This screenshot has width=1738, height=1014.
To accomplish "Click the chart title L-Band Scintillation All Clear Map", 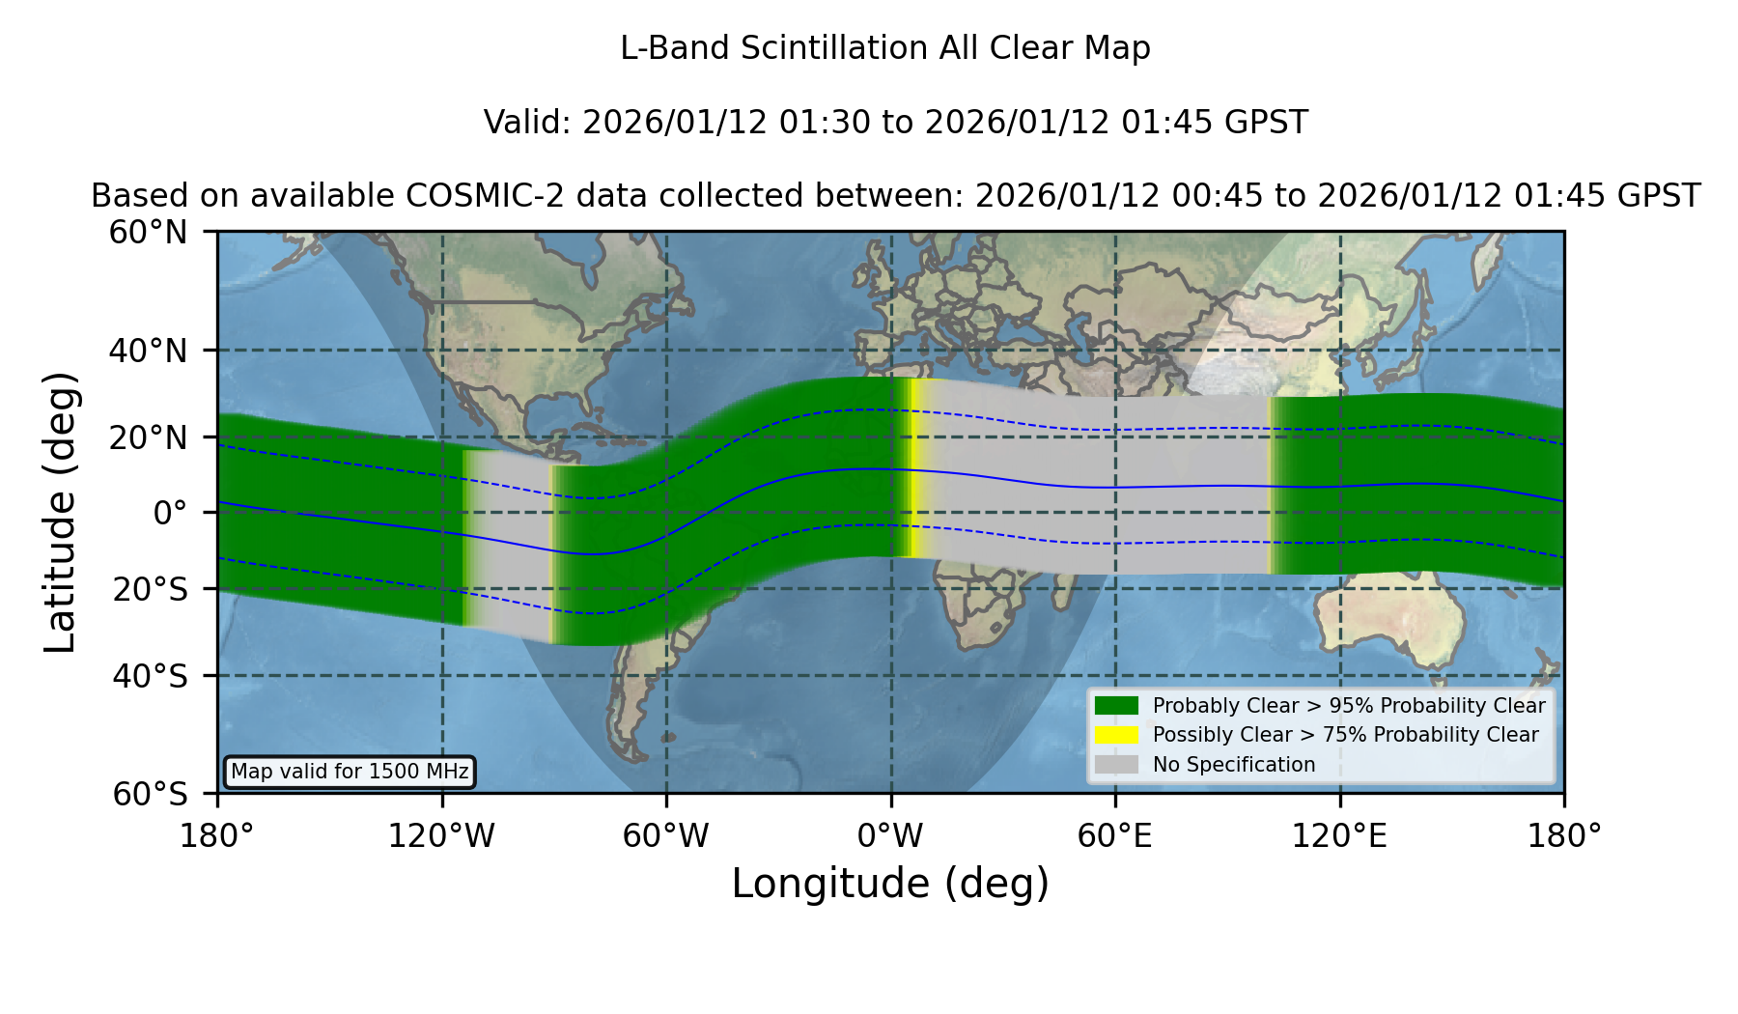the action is [x=884, y=48].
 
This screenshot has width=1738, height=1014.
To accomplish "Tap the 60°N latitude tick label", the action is [x=149, y=233].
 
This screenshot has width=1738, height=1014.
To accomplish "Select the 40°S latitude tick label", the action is [x=150, y=676].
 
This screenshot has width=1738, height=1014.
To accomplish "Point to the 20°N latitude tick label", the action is [x=149, y=437].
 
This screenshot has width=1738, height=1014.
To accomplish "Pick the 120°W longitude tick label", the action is [x=441, y=835].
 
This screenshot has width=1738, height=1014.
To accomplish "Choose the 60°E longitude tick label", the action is [x=1115, y=835].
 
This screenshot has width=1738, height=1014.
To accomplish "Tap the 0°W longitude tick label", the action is [x=890, y=835].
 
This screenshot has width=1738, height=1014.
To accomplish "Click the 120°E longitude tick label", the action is [x=1339, y=835].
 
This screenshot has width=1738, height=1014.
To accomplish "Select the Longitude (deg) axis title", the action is [x=890, y=884].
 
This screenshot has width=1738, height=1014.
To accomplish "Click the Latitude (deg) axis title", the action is [x=60, y=512].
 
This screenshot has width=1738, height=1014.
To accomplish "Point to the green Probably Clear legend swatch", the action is [x=1116, y=705].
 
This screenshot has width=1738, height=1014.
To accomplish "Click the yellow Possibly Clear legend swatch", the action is [x=1116, y=735].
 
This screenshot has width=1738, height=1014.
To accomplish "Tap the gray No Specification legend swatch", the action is [x=1116, y=765].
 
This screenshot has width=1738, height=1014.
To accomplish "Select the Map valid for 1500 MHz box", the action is [x=350, y=772].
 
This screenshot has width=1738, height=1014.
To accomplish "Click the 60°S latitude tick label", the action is [x=150, y=794].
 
